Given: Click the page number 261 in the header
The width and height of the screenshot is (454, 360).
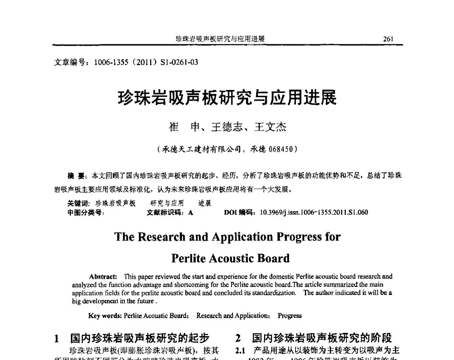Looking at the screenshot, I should pyautogui.click(x=388, y=39).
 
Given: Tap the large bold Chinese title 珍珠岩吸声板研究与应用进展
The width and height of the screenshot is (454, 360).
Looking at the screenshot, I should pyautogui.click(x=227, y=98).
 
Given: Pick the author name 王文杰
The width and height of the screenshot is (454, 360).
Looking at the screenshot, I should pyautogui.click(x=270, y=127).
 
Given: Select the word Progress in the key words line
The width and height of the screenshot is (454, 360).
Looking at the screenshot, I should pyautogui.click(x=289, y=315).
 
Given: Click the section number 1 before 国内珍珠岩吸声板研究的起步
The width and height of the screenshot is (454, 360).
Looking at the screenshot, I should pyautogui.click(x=56, y=338).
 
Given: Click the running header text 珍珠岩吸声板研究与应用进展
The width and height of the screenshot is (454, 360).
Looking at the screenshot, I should pyautogui.click(x=220, y=39).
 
